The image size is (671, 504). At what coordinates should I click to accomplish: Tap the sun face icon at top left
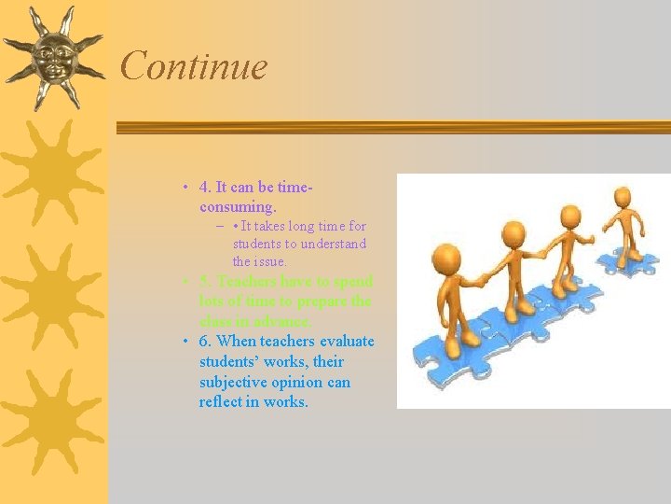(52, 58)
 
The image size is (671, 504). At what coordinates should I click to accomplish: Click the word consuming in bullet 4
(237, 205)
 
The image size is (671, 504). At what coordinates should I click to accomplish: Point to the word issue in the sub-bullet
(269, 261)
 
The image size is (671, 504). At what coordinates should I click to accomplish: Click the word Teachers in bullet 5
(247, 281)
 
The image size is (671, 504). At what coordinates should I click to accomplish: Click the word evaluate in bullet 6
(346, 341)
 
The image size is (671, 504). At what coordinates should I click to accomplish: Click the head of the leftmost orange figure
(448, 256)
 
